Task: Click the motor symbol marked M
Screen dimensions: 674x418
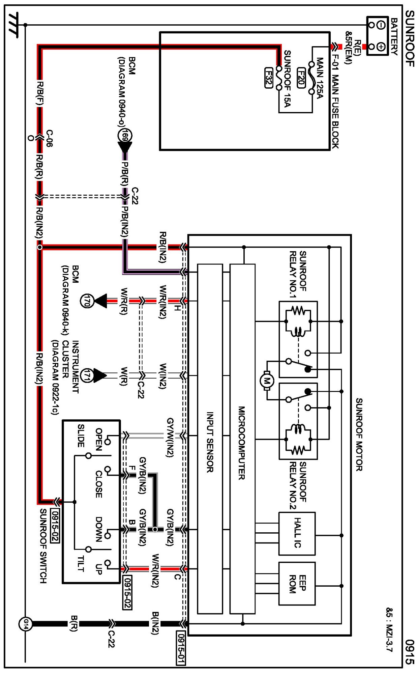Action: tap(267, 381)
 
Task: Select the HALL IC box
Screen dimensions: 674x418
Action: tap(297, 533)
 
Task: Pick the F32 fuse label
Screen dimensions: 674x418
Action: tap(268, 78)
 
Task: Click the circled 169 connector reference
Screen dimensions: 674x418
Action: tap(124, 136)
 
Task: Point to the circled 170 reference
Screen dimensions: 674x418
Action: tap(87, 301)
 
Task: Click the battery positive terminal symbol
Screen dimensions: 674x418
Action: tap(381, 46)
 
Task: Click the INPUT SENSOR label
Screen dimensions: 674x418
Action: tap(210, 442)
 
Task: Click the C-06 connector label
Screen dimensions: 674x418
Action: tap(49, 138)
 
